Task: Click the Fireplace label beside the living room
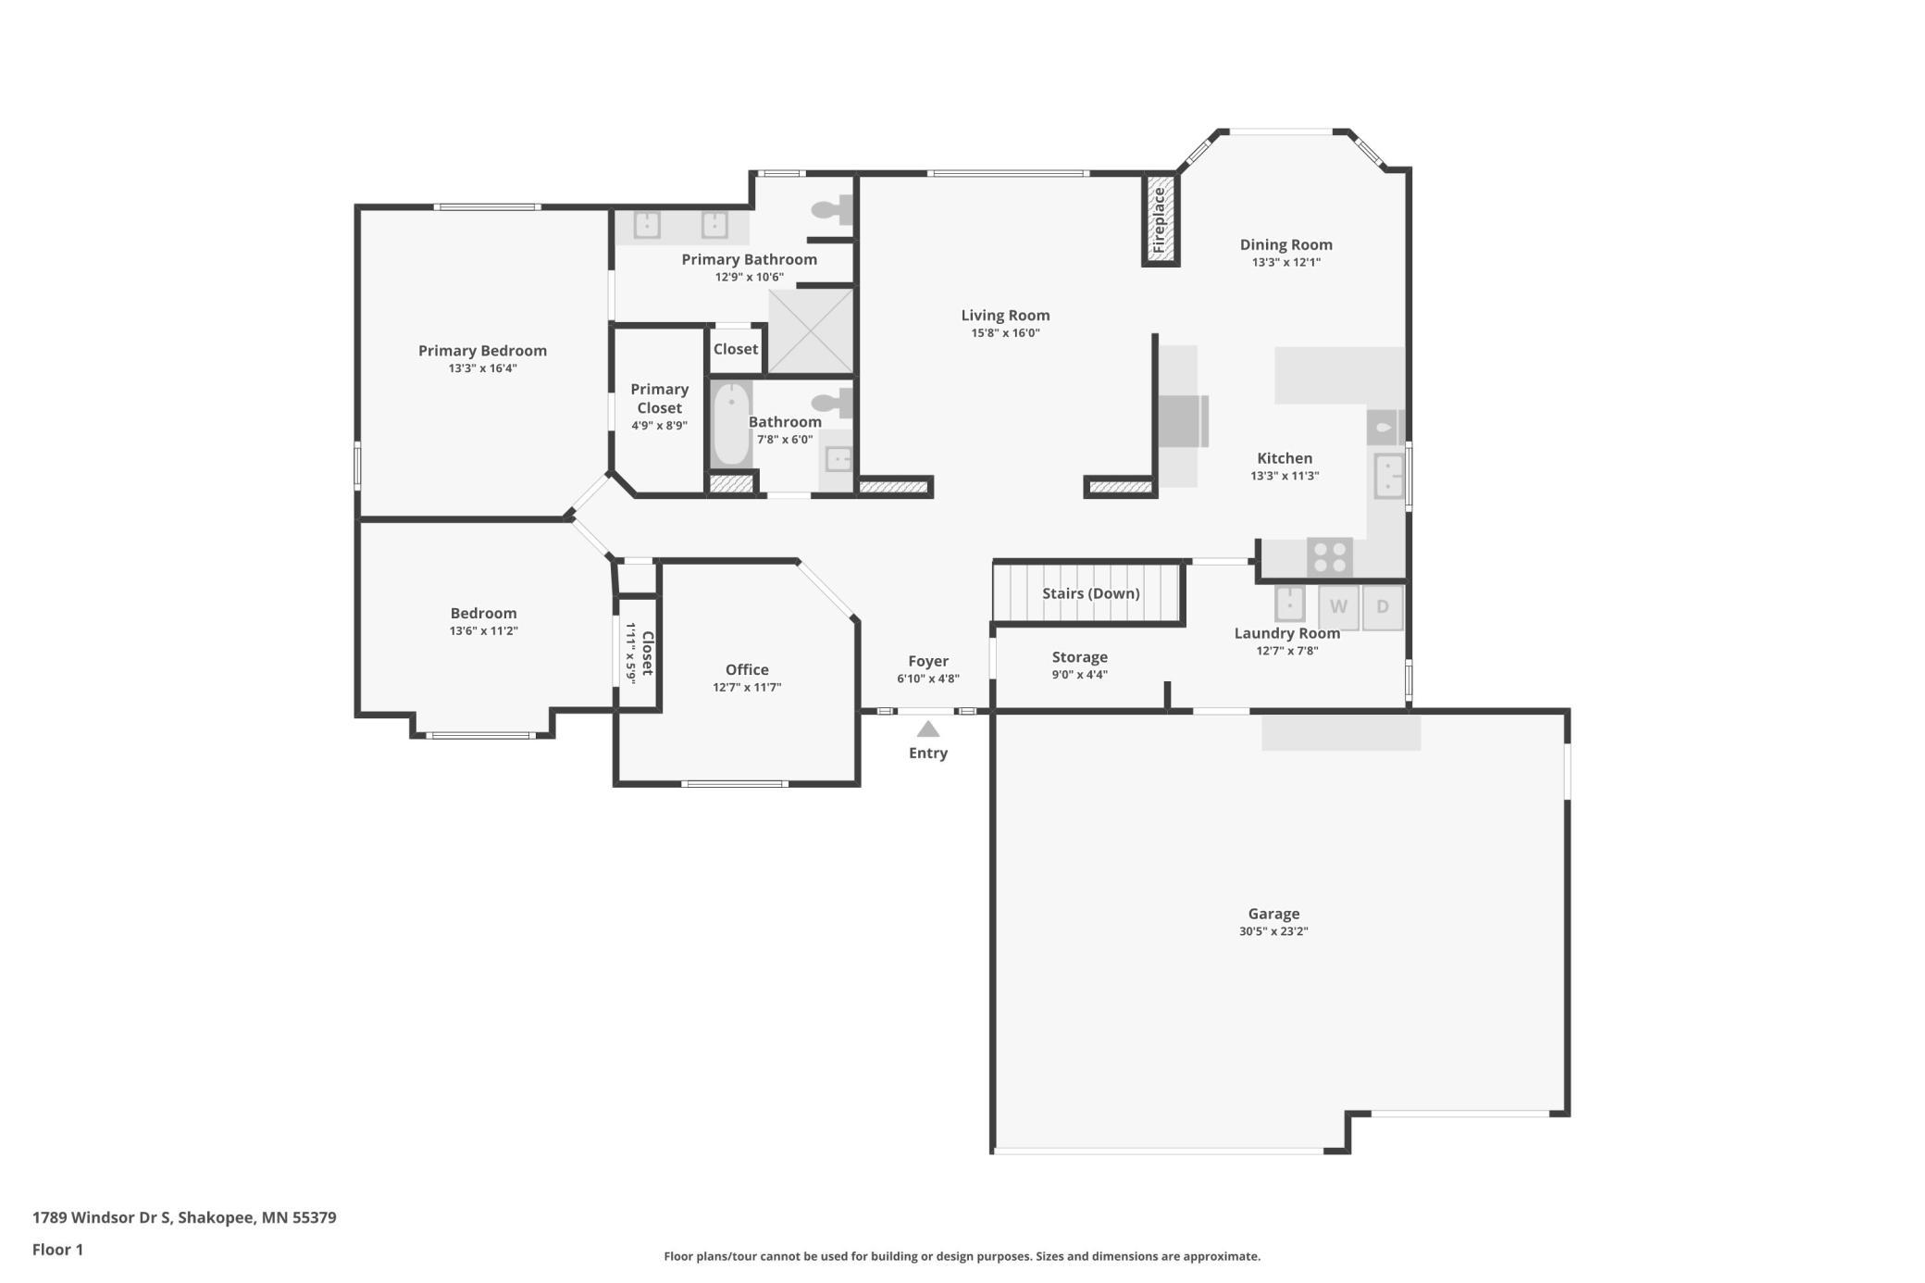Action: point(1160,220)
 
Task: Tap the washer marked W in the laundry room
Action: point(1338,607)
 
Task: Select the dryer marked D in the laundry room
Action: point(1383,607)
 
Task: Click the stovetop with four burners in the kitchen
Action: point(1330,557)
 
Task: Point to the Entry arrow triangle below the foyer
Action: point(928,729)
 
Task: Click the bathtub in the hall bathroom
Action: point(731,425)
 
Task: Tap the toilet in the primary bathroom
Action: point(832,210)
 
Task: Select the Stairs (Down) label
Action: point(1091,593)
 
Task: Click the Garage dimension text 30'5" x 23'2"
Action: point(1273,931)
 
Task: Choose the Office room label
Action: point(747,669)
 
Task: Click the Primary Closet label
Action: point(660,398)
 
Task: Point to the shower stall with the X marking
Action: point(811,331)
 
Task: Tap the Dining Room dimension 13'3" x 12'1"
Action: point(1286,262)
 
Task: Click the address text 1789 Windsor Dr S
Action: point(102,1217)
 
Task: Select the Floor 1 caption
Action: point(57,1250)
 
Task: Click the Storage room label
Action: point(1080,657)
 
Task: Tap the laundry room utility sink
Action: point(1290,604)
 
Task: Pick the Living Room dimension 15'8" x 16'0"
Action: point(1005,333)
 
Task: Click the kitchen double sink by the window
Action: point(1388,476)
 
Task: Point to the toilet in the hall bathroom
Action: point(832,403)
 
